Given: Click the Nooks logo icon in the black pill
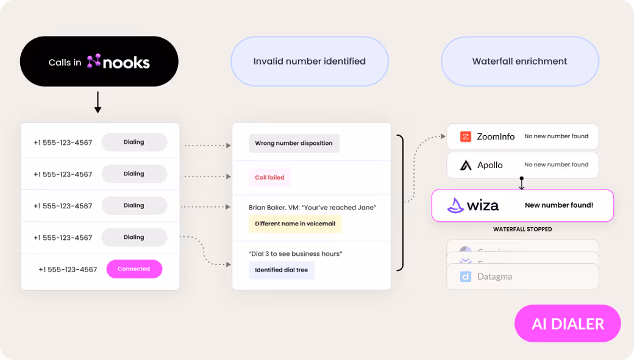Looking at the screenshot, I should coord(93,61).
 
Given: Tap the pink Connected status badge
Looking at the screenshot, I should coord(134,269).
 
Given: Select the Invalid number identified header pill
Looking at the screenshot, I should coord(309,61).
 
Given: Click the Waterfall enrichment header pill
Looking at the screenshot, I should coord(519,61).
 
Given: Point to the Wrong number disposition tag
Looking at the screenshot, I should coord(294,143).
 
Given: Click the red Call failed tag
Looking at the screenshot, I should coord(269,177).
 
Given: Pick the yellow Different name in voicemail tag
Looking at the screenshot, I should coord(295,224).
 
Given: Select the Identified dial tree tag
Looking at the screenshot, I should coord(281,270).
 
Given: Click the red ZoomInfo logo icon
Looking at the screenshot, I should coord(466,137).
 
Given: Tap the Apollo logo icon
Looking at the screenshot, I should coord(466,165).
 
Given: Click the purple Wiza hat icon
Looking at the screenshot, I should coord(455,205).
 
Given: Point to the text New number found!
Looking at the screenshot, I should coord(558,205).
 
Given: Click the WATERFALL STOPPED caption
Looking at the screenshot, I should coord(522,229).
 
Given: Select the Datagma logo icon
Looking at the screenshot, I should coord(466,277).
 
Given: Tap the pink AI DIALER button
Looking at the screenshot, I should coord(567,323).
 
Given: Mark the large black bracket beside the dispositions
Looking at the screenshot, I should coord(401,202).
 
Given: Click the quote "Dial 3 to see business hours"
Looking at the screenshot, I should coord(295,253).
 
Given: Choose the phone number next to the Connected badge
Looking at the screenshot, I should coord(68,269).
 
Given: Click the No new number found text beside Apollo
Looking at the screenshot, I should coord(556,164).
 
